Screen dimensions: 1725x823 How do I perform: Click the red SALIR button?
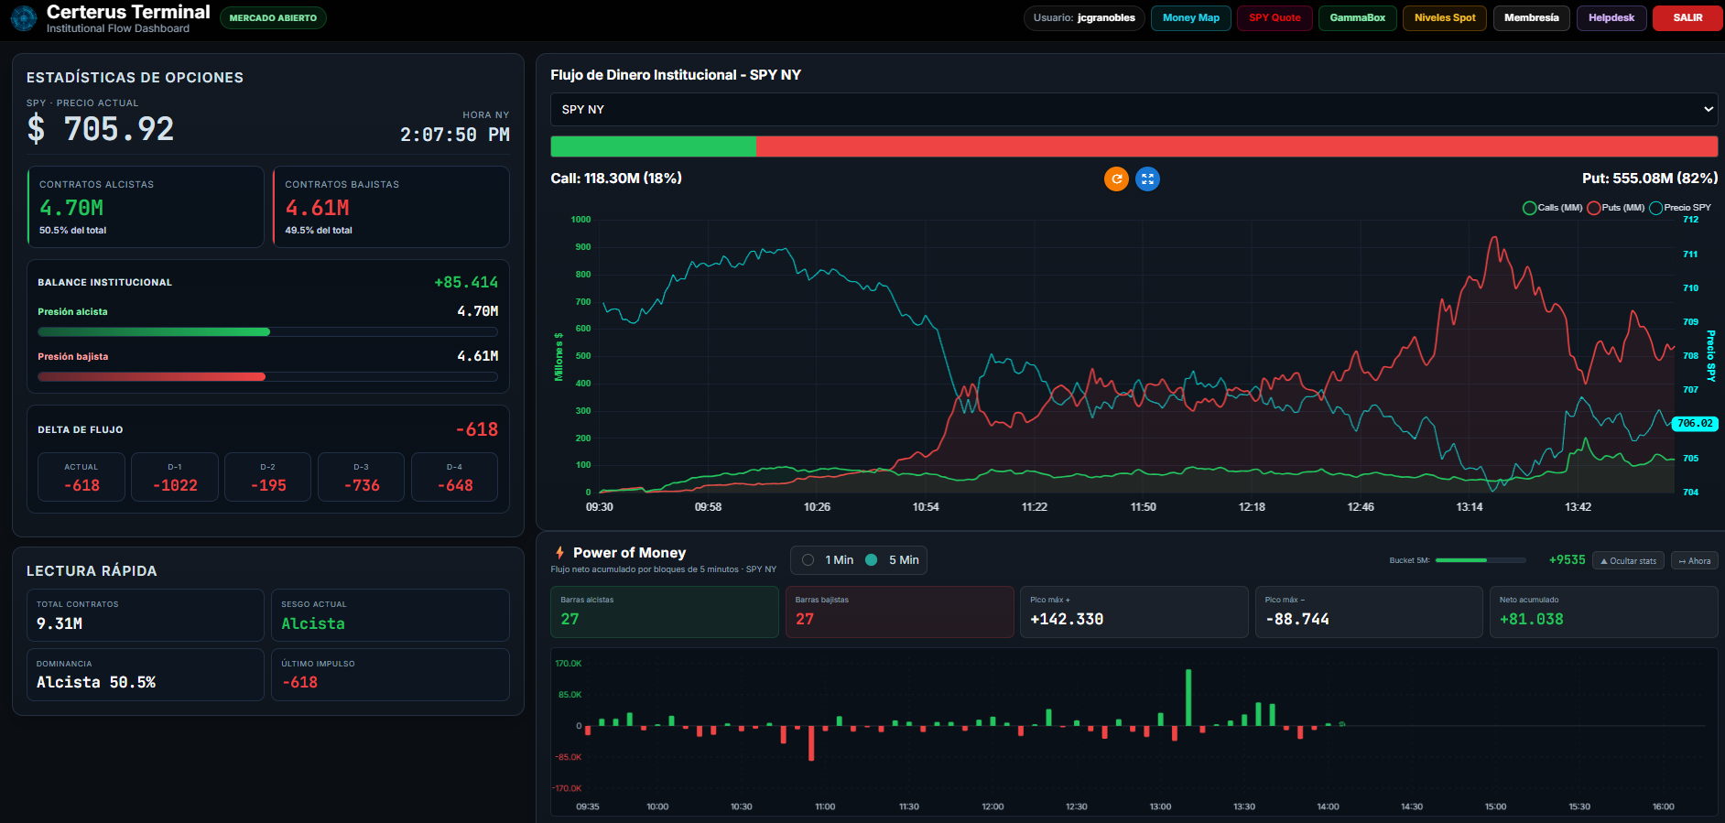coord(1687,18)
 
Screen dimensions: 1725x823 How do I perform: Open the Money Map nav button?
coord(1190,18)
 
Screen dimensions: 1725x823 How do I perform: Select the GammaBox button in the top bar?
coord(1357,18)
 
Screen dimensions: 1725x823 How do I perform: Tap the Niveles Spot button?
coord(1445,18)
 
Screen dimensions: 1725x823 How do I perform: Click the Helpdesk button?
coord(1611,18)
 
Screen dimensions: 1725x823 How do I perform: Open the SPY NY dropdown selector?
coord(1134,109)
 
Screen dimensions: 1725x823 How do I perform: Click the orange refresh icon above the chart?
coord(1116,179)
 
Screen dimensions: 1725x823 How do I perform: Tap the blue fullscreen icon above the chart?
coord(1147,179)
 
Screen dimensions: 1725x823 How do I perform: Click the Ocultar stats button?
coord(1629,560)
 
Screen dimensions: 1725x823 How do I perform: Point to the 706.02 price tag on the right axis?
coord(1695,424)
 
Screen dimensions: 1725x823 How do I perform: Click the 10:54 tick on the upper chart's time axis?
coord(926,507)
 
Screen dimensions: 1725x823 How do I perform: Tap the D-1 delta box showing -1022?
coord(175,477)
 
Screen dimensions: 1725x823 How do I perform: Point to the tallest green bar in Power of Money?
coord(1188,698)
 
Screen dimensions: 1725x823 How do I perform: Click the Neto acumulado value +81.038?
coord(1531,620)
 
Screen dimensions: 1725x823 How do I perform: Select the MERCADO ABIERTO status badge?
coord(273,18)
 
